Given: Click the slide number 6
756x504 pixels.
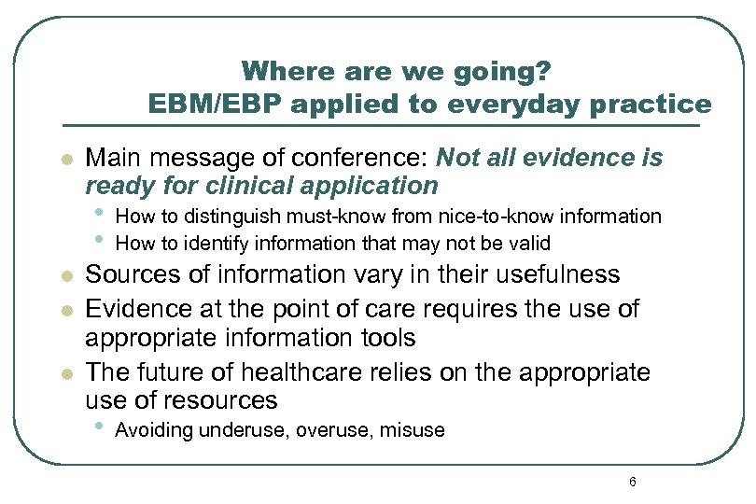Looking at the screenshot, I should (633, 482).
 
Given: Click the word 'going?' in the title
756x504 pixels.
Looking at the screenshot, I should (512, 72).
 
